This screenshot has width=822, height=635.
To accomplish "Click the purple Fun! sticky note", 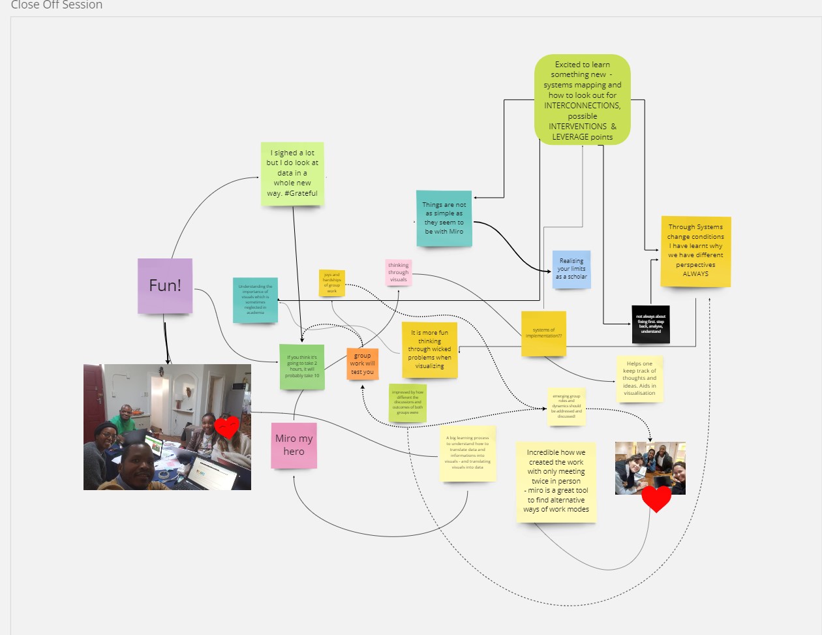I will [165, 286].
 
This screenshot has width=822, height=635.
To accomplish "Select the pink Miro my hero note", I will [294, 445].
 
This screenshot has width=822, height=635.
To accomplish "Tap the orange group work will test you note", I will [362, 364].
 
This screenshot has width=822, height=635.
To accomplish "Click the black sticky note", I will [650, 324].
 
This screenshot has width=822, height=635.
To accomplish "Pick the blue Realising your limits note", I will [571, 269].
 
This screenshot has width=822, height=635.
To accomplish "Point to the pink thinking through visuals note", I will [399, 272].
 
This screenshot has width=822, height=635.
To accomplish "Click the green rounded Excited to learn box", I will [583, 100].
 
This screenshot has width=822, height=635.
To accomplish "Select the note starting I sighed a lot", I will [292, 173].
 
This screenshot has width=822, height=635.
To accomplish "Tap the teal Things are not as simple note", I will [444, 219].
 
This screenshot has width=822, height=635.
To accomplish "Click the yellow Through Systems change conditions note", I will [695, 251].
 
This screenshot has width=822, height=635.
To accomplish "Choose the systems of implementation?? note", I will [543, 333].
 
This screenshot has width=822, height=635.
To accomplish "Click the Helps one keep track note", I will [639, 379].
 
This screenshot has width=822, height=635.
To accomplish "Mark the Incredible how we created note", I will [556, 481].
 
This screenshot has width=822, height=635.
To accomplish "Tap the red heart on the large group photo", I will [227, 427].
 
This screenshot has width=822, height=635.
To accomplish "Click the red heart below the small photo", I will [656, 499].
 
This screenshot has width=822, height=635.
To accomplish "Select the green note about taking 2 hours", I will [302, 367].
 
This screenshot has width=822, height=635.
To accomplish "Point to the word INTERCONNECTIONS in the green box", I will [583, 106].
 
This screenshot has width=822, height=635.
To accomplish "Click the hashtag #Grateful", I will [301, 193].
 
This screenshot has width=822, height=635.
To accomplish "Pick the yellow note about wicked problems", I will [429, 350].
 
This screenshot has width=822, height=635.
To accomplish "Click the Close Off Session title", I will [57, 5].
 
